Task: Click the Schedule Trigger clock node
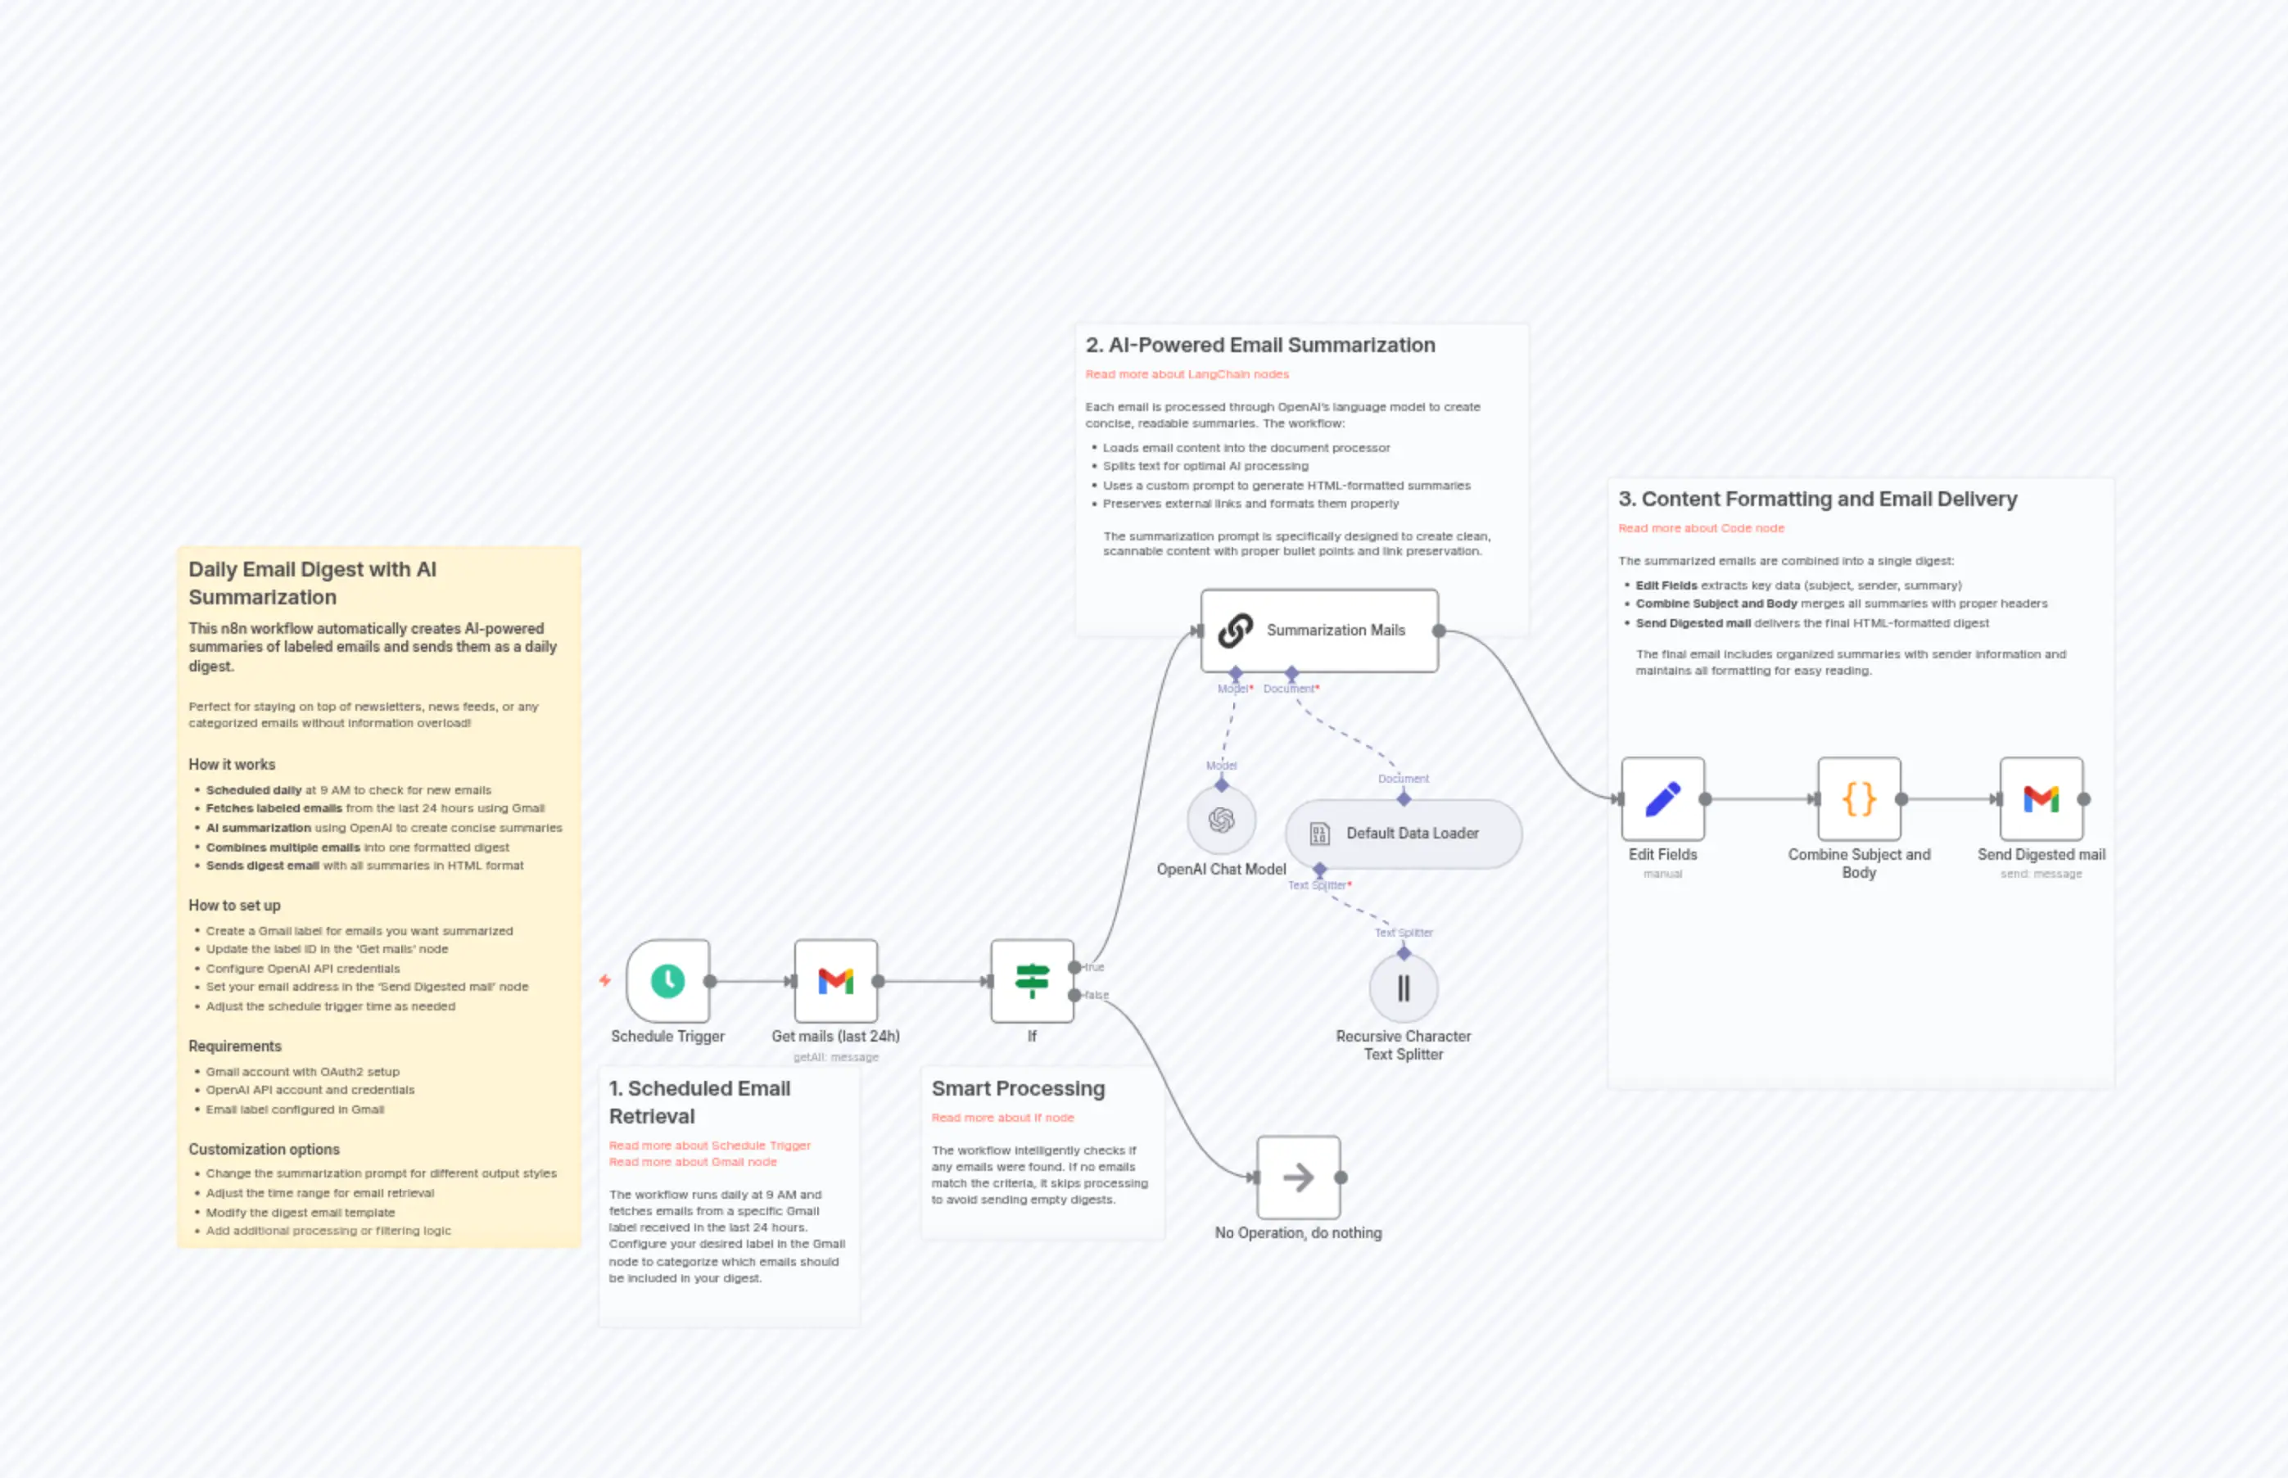coord(668,981)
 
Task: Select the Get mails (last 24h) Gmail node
coord(836,981)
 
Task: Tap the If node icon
coord(1032,981)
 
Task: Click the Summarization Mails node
coord(1319,631)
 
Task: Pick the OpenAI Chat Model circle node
coord(1221,820)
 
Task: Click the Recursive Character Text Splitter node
coord(1403,988)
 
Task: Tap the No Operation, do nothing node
coord(1299,1177)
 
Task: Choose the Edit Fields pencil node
coord(1663,799)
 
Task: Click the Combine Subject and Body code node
coord(1859,799)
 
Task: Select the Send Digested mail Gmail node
coord(2042,799)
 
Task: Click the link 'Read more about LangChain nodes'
coord(1187,374)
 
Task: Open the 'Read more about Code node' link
coord(1701,529)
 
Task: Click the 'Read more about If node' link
coord(1002,1118)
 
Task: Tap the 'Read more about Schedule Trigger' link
coord(709,1146)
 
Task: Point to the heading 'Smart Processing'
coord(1017,1089)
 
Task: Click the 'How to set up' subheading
coord(234,906)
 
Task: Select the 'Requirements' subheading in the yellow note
coord(234,1047)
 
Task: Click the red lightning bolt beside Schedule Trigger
coord(604,981)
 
